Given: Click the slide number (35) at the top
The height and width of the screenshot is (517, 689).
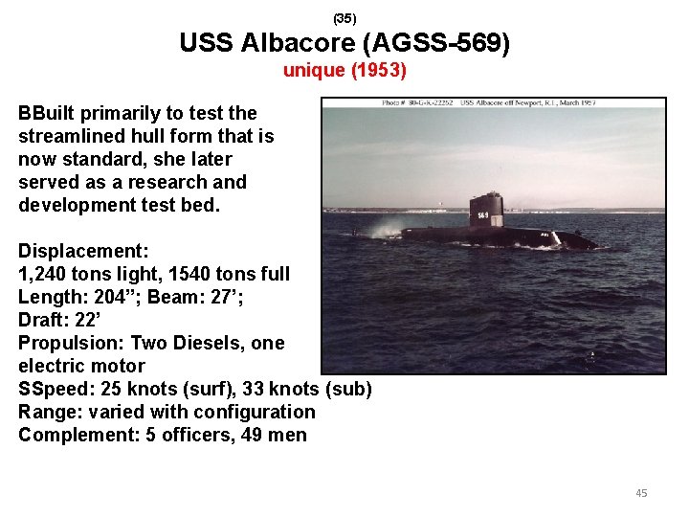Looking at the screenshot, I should tap(344, 18).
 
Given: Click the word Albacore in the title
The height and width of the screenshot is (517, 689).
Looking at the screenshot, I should tap(300, 44).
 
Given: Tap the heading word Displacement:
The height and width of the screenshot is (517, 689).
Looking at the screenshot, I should tap(83, 251).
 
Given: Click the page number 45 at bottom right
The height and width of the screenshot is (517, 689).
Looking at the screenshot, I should tap(641, 493).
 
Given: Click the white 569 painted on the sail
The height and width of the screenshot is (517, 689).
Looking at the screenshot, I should tap(484, 216).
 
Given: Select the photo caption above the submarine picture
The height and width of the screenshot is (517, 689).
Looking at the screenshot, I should tap(491, 102).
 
